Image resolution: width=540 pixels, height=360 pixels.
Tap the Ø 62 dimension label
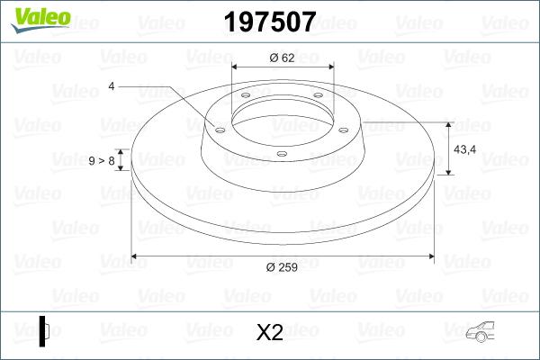click(x=283, y=58)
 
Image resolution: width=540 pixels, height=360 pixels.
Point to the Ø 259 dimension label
click(x=283, y=265)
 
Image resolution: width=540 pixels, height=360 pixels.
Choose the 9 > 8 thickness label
click(x=101, y=160)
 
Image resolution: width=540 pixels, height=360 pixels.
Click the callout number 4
click(x=111, y=86)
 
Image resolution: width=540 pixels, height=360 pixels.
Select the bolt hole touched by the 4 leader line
click(x=219, y=128)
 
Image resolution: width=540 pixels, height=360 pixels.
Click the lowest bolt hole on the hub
click(x=281, y=154)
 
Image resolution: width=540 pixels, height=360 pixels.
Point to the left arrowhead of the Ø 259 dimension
click(x=136, y=256)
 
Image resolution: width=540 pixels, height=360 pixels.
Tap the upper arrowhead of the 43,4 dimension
click(x=448, y=123)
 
